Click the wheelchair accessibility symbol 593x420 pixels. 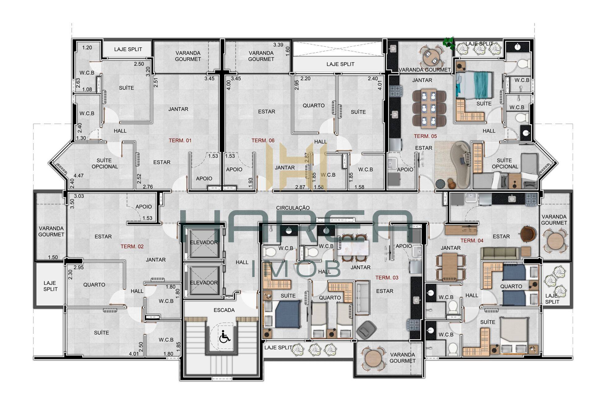(225, 336)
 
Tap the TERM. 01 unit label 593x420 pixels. (180, 140)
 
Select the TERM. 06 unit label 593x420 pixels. (263, 140)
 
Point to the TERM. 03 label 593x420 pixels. (387, 277)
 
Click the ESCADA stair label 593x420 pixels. (224, 310)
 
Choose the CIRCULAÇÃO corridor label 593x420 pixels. (293, 208)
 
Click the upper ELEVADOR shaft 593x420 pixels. (204, 242)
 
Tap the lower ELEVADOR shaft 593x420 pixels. (204, 282)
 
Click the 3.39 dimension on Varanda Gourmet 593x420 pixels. (278, 45)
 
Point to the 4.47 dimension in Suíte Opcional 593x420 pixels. (78, 176)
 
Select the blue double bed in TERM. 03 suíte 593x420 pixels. (288, 314)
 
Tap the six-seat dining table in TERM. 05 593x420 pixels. (429, 108)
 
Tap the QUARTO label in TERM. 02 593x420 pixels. (94, 285)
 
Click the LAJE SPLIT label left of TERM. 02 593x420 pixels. (50, 286)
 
